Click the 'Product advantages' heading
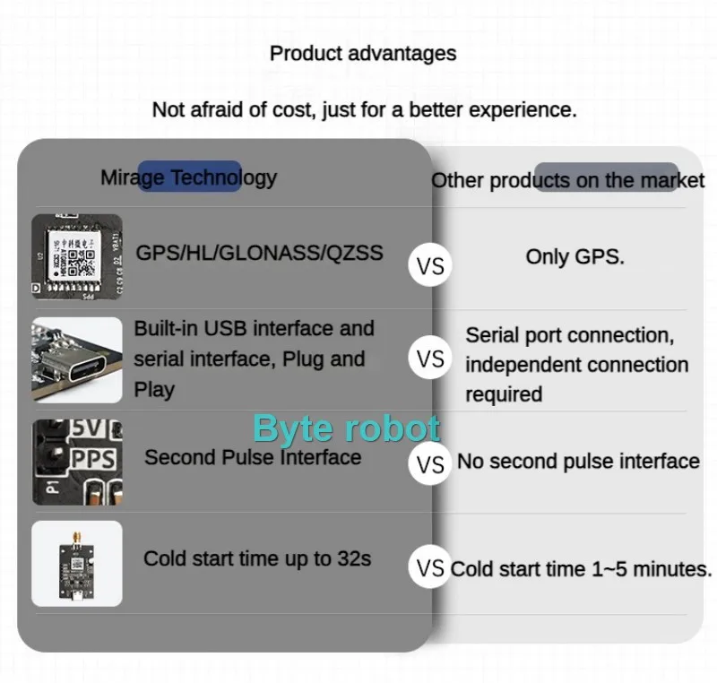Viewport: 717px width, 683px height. click(363, 53)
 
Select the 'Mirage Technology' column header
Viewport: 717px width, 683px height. click(188, 177)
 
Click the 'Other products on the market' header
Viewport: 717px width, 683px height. click(567, 180)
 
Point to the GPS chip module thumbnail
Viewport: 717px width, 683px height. click(77, 256)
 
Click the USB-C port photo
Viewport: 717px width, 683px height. click(77, 359)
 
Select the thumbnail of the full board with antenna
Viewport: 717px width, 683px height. click(77, 563)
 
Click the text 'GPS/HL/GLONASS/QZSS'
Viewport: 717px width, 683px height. click(259, 253)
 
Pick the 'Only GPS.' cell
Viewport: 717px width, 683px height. click(575, 256)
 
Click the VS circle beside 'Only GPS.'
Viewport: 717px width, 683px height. click(430, 266)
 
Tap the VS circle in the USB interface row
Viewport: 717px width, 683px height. click(430, 359)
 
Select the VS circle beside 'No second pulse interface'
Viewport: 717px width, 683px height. click(430, 464)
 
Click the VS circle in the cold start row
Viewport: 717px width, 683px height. click(430, 567)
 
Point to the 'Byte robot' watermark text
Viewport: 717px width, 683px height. click(346, 428)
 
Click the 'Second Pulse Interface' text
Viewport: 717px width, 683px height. click(253, 457)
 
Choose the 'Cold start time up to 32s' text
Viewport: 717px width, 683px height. click(257, 558)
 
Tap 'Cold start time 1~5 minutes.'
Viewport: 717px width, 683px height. click(582, 568)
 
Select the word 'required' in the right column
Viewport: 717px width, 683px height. click(504, 394)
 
